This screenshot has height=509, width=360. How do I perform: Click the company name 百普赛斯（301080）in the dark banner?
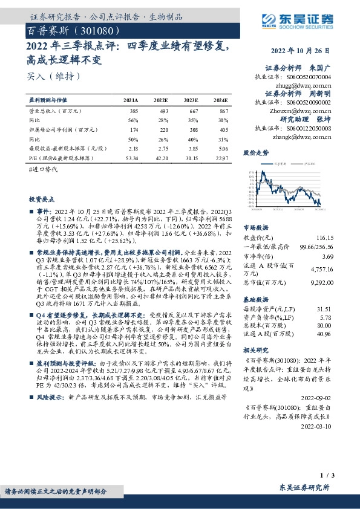click(76, 30)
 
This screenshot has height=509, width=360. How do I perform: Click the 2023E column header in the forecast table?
click(191, 100)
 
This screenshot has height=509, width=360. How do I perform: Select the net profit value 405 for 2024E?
click(223, 129)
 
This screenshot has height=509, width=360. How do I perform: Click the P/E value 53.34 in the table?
click(131, 157)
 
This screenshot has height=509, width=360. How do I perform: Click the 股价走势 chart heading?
click(255, 153)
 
